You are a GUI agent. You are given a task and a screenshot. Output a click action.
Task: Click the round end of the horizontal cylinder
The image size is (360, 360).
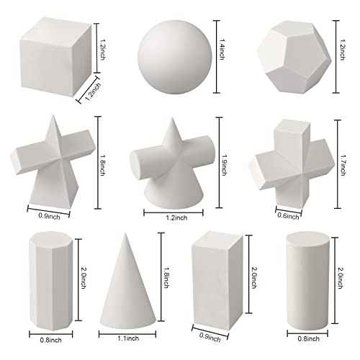pyautogui.click(x=134, y=162)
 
